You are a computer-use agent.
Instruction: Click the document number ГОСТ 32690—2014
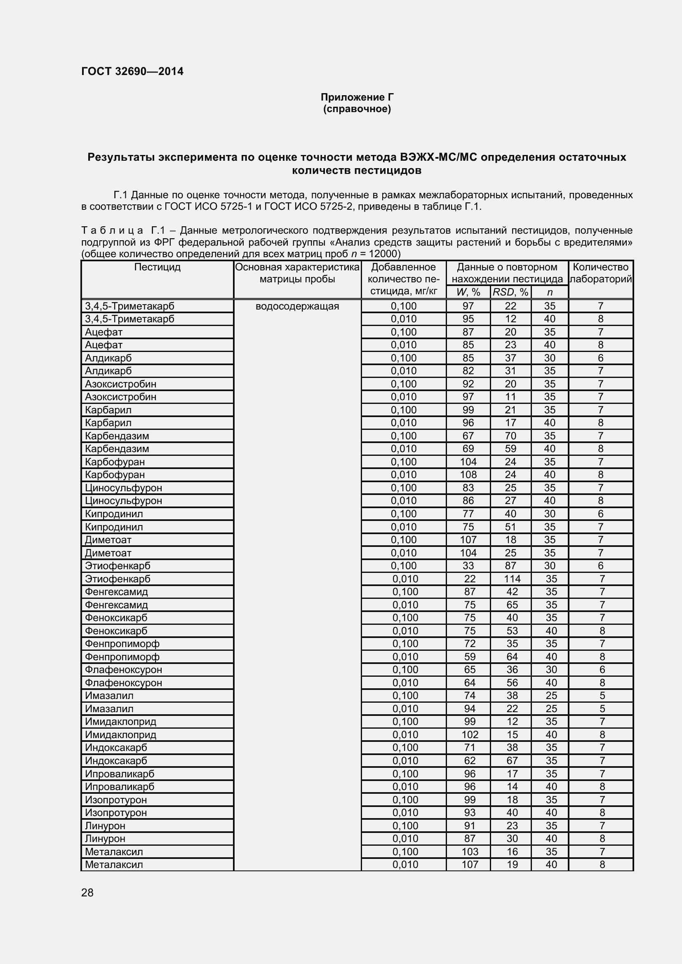132,71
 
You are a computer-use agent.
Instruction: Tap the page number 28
87,893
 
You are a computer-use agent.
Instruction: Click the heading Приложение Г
357,97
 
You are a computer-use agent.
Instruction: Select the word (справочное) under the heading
357,109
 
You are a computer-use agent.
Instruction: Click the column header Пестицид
157,267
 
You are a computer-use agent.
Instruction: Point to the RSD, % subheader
510,292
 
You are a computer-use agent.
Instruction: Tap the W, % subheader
468,292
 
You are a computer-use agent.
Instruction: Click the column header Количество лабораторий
600,273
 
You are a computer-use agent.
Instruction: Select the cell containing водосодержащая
297,306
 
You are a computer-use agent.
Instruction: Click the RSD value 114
512,579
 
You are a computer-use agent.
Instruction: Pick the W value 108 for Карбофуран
468,474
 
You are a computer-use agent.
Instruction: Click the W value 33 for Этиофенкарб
468,565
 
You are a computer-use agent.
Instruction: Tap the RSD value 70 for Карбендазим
510,436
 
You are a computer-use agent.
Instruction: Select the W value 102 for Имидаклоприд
470,734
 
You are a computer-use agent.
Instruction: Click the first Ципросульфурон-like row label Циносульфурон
123,488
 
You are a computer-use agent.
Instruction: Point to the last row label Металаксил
114,864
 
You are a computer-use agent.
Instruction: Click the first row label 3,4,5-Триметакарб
129,306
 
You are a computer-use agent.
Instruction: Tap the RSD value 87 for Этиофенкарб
510,565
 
